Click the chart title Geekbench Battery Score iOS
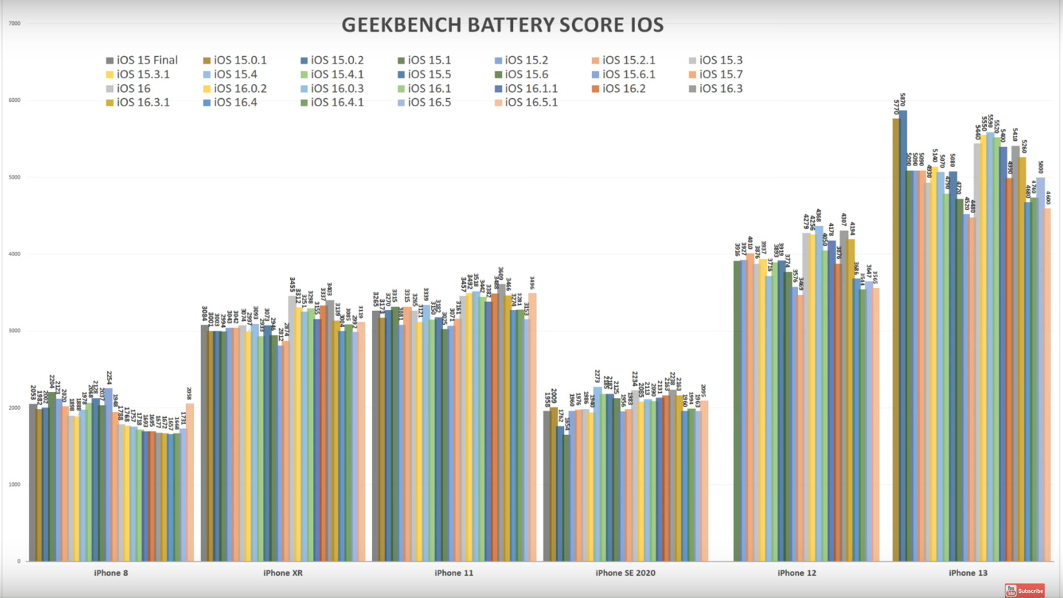click(502, 24)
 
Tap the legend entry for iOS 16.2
click(625, 89)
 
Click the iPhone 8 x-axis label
click(111, 573)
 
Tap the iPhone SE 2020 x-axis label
click(625, 573)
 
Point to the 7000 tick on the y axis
click(14, 24)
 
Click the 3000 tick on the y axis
click(14, 331)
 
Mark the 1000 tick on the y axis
click(14, 484)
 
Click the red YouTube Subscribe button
click(1024, 591)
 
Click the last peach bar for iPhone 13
click(1047, 384)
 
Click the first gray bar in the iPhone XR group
click(204, 443)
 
